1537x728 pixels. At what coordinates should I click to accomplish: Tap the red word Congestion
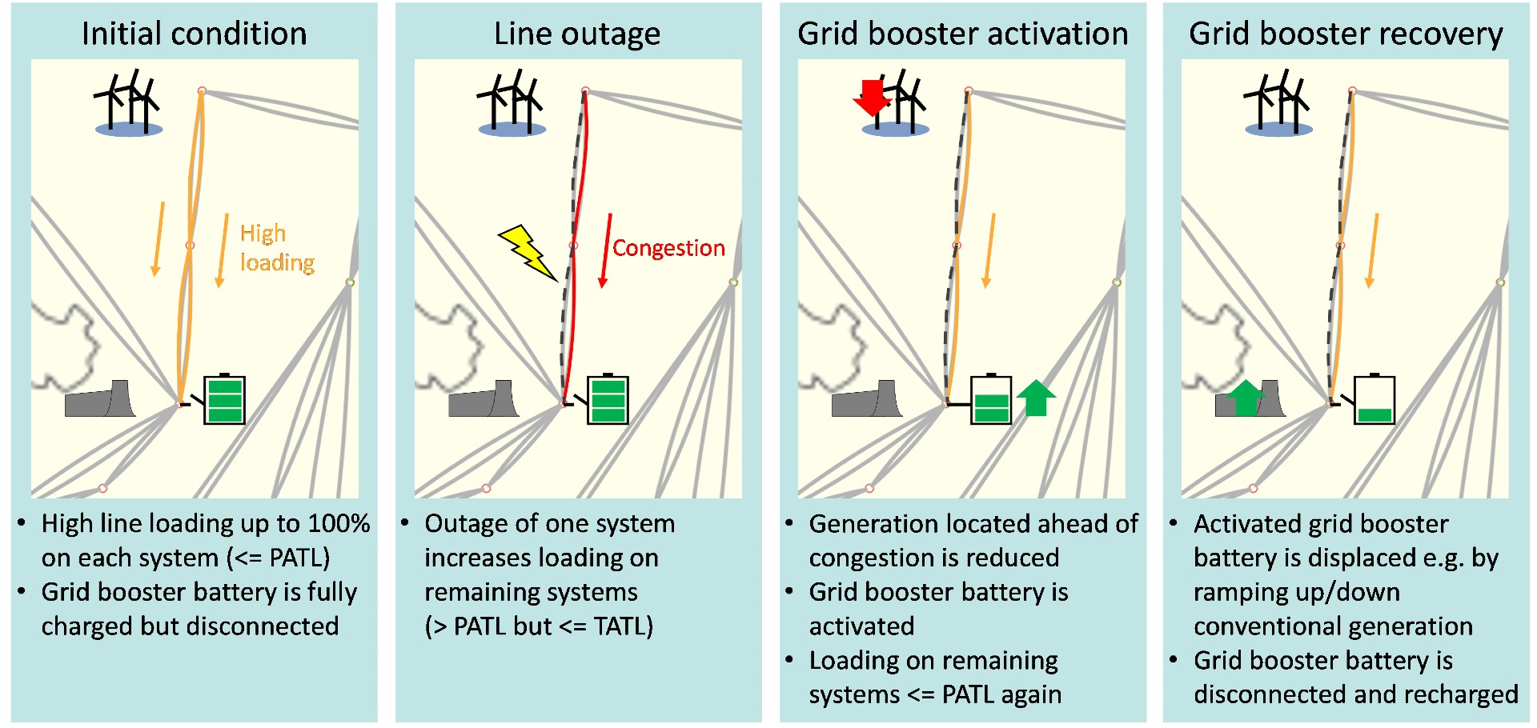668,248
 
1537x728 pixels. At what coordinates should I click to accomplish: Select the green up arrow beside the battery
1036,398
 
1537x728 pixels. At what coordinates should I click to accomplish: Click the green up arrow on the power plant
1245,398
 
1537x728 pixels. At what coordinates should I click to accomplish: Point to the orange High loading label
276,248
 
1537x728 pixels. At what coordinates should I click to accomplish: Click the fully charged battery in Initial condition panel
225,399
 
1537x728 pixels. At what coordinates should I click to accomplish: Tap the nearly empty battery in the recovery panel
1374,399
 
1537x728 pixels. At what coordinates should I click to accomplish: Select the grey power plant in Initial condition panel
99,399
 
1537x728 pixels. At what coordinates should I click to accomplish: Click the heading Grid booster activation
962,34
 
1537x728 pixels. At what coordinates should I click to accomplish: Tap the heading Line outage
577,34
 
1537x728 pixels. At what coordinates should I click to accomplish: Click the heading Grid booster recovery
1346,34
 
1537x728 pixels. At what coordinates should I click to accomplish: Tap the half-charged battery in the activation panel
991,399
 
